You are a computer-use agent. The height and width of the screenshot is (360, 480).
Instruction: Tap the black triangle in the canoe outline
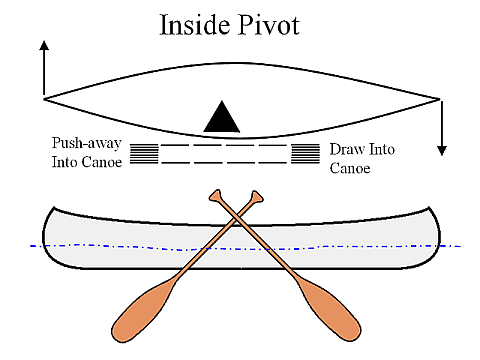click(222, 118)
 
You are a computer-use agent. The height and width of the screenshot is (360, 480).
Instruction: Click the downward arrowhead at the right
click(441, 150)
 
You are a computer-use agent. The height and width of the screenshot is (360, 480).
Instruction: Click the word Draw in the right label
click(345, 150)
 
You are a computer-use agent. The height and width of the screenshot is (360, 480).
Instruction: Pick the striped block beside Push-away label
click(145, 153)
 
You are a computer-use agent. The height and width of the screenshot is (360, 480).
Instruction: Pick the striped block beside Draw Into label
click(305, 153)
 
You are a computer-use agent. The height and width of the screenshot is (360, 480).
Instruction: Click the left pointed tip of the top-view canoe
click(45, 98)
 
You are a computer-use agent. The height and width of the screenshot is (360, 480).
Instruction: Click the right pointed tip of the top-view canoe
click(438, 98)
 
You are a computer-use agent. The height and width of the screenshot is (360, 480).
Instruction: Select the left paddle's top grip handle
click(215, 194)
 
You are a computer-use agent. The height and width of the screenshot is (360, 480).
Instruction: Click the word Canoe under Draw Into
click(350, 168)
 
